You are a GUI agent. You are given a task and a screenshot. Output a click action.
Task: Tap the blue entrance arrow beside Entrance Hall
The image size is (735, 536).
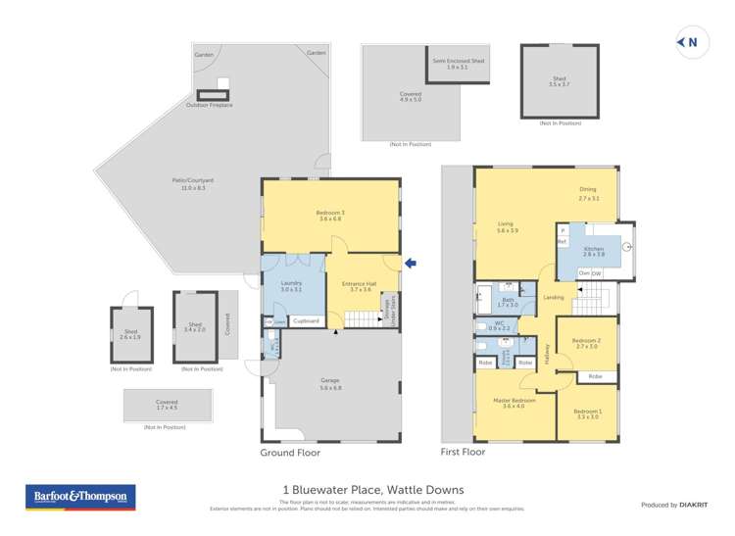click(x=412, y=263)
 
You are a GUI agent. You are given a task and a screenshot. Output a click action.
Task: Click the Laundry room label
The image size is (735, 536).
click(x=290, y=285)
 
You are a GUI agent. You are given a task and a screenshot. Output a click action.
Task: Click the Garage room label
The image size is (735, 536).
click(x=330, y=383)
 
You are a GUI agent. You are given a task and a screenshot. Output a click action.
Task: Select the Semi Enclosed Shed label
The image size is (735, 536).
click(x=452, y=63)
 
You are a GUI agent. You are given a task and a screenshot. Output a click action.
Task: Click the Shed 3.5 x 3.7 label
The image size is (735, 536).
click(x=560, y=83)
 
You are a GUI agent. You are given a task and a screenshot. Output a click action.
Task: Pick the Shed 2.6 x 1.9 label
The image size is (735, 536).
click(x=130, y=334)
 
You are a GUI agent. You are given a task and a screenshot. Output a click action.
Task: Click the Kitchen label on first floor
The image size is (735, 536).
click(x=594, y=251)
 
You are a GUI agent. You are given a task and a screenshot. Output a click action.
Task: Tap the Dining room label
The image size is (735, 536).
click(x=588, y=194)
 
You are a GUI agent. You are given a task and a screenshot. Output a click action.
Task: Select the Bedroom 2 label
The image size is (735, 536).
click(x=586, y=343)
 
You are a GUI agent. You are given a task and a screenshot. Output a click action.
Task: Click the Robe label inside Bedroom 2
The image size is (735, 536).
click(x=595, y=376)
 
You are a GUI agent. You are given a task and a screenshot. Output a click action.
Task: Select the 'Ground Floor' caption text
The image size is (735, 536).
click(x=289, y=454)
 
